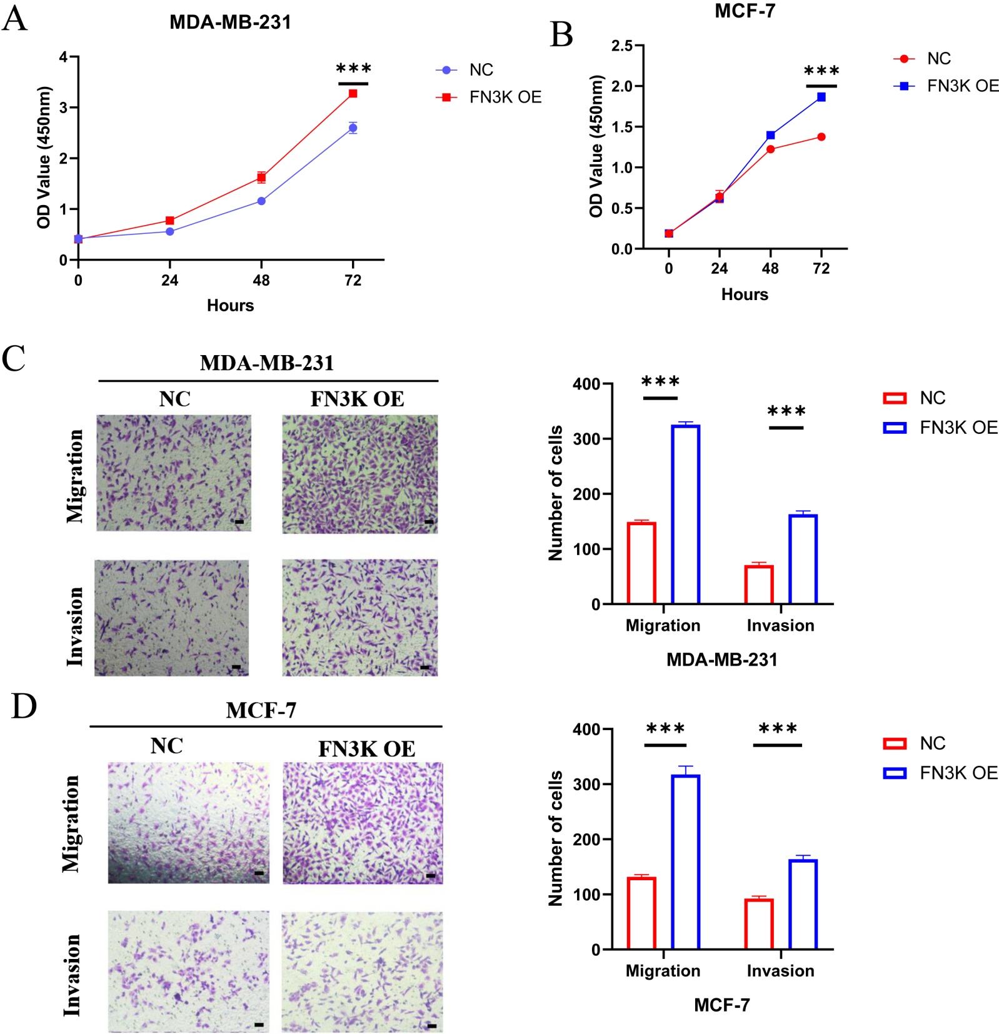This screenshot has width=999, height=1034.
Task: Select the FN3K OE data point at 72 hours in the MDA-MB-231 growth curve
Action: coord(353,94)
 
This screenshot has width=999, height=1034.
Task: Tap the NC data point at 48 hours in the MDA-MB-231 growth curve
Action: coord(261,201)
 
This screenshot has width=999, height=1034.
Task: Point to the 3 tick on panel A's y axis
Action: coord(64,108)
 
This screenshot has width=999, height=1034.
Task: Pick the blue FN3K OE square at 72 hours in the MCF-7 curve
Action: coord(821,97)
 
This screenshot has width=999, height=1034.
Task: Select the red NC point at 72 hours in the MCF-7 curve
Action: coord(821,137)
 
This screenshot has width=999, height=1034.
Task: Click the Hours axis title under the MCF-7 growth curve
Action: coord(744,294)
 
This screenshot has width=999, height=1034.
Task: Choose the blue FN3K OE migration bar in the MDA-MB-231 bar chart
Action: coord(685,514)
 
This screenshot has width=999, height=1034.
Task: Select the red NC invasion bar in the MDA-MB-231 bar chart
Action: coord(758,584)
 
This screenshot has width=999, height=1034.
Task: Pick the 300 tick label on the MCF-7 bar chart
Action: coord(586,785)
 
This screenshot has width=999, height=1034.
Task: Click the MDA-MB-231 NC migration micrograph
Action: coord(174,473)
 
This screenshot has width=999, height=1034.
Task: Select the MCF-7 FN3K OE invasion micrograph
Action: coord(362,971)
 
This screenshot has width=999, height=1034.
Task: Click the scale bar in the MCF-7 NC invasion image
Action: coord(259,1025)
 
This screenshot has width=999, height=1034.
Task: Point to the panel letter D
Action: coord(24,706)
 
